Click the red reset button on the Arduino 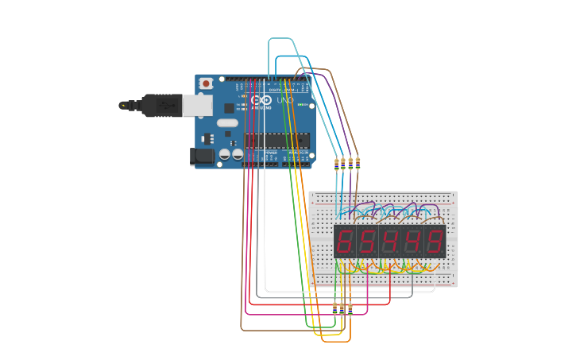(207, 83)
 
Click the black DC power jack (203, 157)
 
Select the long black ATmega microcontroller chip (276, 141)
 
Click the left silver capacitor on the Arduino (226, 153)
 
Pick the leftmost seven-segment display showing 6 (345, 240)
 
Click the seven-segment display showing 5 (367, 240)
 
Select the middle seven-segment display (390, 240)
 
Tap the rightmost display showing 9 (435, 240)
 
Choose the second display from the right (412, 240)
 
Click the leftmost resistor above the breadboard (337, 165)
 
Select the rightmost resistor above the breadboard (358, 163)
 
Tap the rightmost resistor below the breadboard (350, 309)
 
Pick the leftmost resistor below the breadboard (335, 310)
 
